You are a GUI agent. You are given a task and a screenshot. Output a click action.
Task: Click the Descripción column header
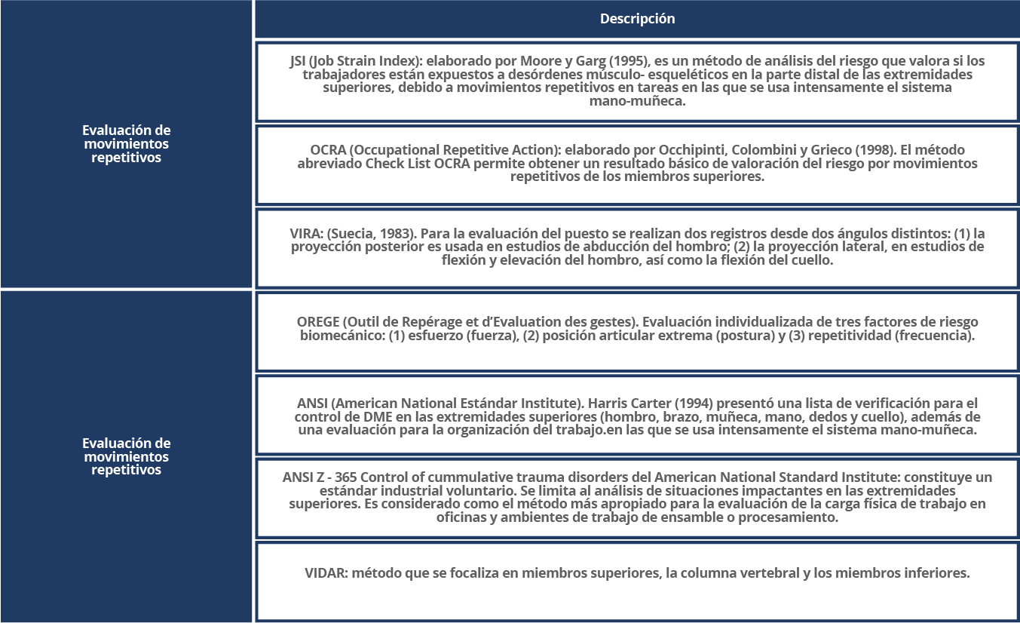[637, 19]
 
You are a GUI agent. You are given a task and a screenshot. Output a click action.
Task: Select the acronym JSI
[298, 61]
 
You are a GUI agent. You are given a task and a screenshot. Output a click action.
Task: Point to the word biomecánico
[341, 336]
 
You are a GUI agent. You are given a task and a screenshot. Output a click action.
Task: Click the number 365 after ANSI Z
[346, 477]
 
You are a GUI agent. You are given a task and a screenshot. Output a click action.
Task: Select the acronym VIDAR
[325, 573]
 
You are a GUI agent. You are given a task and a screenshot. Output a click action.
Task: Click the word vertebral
[768, 573]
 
